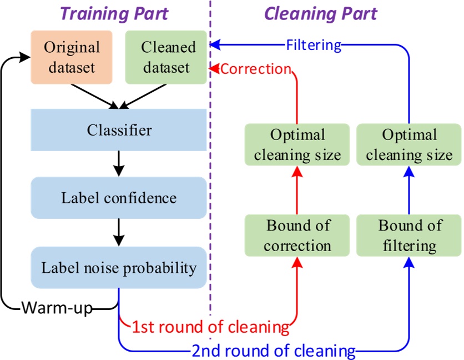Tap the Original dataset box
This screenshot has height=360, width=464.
(x=72, y=57)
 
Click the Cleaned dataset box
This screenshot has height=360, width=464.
(x=165, y=57)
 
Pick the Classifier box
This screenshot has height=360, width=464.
(x=119, y=131)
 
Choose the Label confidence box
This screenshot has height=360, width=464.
(x=119, y=198)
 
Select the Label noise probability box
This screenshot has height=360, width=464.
(x=119, y=268)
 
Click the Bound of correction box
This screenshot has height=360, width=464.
(x=297, y=236)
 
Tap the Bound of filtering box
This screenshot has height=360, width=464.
(x=410, y=236)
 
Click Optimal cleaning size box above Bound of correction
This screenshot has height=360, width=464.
(x=297, y=144)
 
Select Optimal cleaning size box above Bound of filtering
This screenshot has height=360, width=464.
(x=410, y=144)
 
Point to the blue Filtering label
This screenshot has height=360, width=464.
(x=314, y=44)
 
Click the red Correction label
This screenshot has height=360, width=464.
(x=256, y=69)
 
